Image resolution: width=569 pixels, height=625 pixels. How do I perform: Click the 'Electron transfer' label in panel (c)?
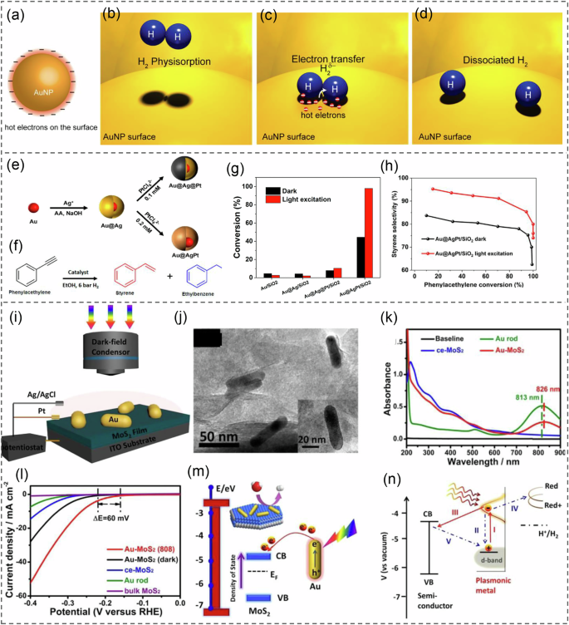[x=316, y=61]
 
